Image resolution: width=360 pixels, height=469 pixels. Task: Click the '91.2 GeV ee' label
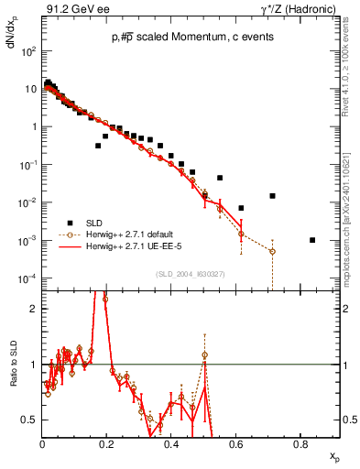(x=73, y=8)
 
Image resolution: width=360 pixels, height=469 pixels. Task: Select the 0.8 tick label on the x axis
(x=300, y=445)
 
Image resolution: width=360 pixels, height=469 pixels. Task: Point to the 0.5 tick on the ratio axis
(x=31, y=420)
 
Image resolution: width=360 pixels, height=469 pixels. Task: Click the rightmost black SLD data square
(x=312, y=240)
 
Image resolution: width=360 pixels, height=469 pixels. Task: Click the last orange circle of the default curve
(x=272, y=251)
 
